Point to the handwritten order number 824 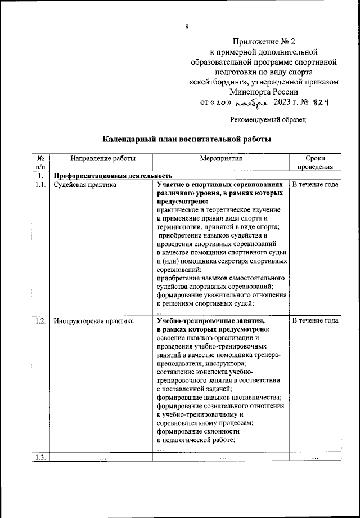318,102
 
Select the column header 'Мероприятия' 220,159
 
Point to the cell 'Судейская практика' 85,184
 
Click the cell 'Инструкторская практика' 94,321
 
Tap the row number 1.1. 40,184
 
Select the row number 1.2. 40,321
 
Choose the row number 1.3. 40,457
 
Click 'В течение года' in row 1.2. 315,321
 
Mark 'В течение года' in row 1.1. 315,184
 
